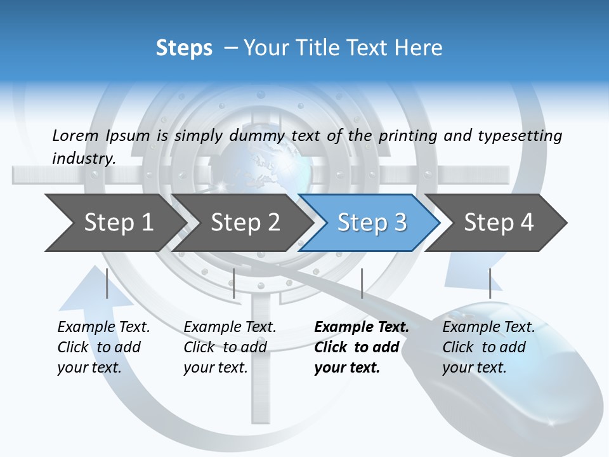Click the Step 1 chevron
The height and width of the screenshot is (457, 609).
(x=118, y=223)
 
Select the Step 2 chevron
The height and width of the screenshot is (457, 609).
(x=245, y=223)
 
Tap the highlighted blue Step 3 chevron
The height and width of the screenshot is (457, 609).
(x=372, y=223)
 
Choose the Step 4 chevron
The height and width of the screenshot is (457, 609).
(x=499, y=223)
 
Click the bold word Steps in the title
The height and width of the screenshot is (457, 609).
(x=184, y=48)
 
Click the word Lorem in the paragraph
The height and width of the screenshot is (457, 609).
(x=75, y=135)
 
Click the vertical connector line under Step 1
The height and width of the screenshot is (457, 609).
(x=107, y=283)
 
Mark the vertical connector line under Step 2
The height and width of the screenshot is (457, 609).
(x=234, y=283)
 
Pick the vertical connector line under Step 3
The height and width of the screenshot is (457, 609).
(x=362, y=283)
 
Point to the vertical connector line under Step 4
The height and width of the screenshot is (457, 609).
(x=490, y=283)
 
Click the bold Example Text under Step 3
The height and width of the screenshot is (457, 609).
(x=362, y=328)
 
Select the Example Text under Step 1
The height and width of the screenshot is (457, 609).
(x=103, y=328)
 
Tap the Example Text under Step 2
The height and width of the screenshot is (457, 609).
(x=230, y=328)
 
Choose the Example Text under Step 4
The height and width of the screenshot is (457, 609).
(x=488, y=328)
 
